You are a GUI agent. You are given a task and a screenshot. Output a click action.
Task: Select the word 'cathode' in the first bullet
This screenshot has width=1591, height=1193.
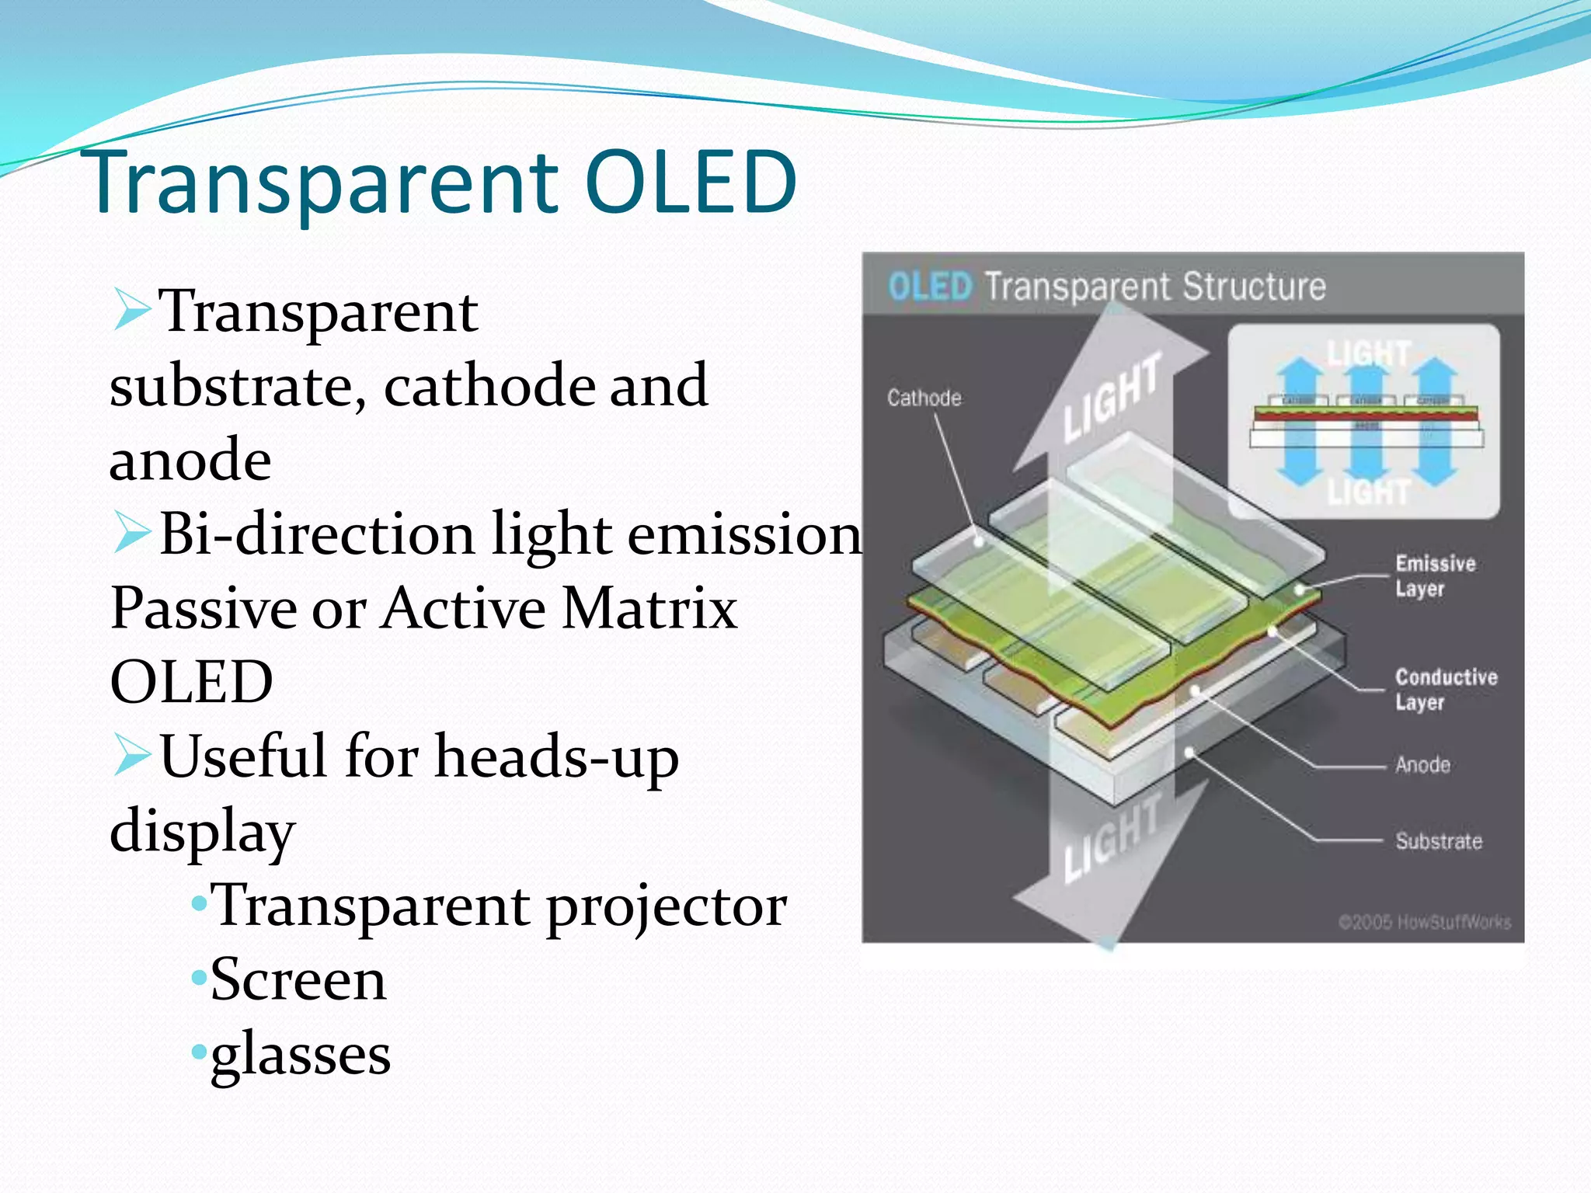[489, 386]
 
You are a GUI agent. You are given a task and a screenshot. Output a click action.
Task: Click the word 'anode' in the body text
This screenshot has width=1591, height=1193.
[190, 461]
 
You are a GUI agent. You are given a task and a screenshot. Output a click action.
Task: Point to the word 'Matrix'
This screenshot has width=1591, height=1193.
[649, 608]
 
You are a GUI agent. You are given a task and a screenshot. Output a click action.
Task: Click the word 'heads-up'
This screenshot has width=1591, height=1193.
[556, 756]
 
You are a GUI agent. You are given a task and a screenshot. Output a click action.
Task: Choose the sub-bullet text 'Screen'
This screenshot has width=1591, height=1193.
[298, 980]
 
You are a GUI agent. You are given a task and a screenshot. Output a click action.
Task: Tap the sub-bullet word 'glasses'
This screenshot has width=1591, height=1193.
[301, 1055]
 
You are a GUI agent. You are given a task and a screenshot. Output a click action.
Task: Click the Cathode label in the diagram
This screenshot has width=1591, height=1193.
[924, 398]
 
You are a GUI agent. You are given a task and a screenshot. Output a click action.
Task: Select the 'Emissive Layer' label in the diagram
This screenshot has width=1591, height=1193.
[1434, 576]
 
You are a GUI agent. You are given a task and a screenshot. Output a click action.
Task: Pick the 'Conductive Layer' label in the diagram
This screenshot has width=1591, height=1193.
[1445, 689]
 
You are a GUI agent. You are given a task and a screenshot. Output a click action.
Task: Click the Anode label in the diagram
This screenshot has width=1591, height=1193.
[1422, 765]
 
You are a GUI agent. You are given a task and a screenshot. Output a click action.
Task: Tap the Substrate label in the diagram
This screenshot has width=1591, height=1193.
[1438, 841]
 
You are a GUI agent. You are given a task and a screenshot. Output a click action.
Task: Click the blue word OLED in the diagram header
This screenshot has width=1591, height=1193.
[929, 287]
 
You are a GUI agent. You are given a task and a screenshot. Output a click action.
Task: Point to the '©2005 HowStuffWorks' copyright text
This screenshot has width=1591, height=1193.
[1424, 922]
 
